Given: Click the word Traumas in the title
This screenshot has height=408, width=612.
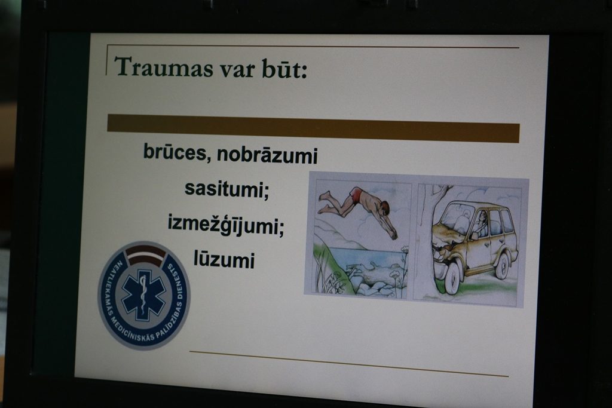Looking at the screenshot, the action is coord(164,67).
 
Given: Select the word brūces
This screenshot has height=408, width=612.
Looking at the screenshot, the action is coord(175,152).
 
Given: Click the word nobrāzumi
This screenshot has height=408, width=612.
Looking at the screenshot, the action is coord(267,155).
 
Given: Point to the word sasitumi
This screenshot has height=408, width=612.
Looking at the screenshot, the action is coord(227,189).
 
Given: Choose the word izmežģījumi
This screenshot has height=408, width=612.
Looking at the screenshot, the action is coord(226,225).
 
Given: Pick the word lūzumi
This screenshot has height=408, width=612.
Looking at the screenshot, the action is coord(224,260).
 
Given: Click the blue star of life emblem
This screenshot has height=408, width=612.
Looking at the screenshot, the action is coord(143,293).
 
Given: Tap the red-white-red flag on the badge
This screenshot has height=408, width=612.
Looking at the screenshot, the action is coord(145,256).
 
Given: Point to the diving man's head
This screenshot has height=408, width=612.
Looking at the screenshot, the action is coord(385,207).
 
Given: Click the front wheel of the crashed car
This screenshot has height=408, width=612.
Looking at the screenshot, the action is coord(452,278).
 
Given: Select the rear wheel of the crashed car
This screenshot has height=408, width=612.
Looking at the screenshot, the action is coord(502,265).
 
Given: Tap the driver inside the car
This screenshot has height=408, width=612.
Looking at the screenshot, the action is coord(482,225).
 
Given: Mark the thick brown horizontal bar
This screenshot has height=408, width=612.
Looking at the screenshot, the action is coord(313,128).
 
